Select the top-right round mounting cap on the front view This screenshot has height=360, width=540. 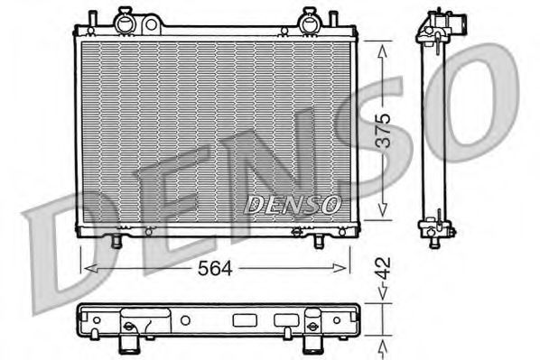pos(309,18)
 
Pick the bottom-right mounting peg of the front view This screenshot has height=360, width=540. pos(321,241)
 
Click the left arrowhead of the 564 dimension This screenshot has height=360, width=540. pos(85,268)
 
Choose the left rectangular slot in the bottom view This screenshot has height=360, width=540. pos(245,318)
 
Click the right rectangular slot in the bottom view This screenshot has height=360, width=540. pos(284,318)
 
